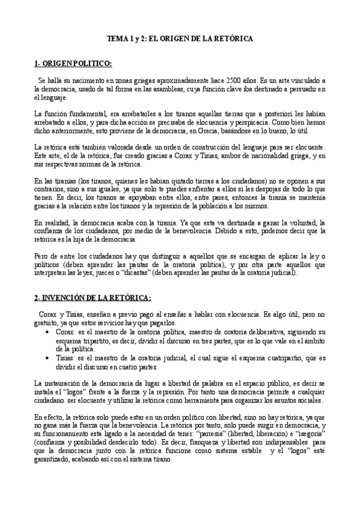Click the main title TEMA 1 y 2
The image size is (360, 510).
coord(180,38)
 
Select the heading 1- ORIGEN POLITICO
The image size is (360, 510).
coord(73,63)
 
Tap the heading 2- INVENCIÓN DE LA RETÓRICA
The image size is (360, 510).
coord(93,298)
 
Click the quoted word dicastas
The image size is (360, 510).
coord(136,273)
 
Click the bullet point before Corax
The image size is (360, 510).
coord(47,332)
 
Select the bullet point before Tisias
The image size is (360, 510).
coord(47,357)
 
